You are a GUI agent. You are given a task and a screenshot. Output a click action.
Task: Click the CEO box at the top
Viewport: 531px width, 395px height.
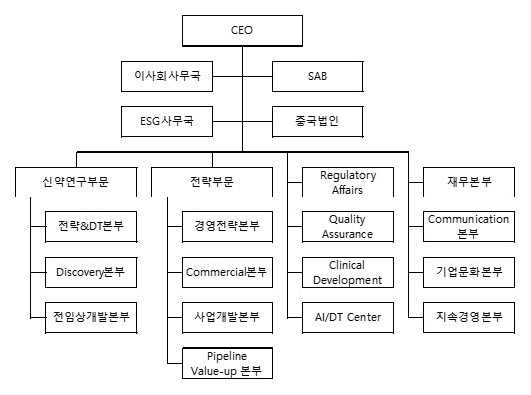[x=241, y=30]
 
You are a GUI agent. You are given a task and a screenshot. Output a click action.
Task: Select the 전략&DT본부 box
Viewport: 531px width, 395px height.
[x=91, y=226]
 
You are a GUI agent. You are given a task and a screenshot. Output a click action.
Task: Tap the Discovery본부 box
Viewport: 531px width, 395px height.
[x=91, y=271]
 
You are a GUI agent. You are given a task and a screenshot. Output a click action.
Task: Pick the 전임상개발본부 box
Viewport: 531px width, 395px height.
[x=91, y=316]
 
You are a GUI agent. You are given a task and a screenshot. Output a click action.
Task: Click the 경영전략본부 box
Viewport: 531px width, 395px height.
[x=227, y=226]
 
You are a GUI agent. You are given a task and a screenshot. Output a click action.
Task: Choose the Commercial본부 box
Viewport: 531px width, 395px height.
[x=227, y=271]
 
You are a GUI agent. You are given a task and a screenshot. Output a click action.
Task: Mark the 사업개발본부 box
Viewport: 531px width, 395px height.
[x=227, y=316]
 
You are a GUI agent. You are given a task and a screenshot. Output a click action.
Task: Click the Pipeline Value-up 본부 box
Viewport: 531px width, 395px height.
[x=227, y=363]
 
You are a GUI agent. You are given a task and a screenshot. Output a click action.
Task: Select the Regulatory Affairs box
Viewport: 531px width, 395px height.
[x=348, y=182]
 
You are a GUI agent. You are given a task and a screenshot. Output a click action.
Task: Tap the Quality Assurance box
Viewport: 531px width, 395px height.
[x=348, y=226]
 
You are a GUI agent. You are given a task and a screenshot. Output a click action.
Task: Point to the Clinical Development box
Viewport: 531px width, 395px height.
[x=348, y=272]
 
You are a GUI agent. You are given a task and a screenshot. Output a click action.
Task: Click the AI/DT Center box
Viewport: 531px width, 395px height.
[x=348, y=316]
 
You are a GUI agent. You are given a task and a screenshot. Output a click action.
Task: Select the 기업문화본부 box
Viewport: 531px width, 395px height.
[x=469, y=271]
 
